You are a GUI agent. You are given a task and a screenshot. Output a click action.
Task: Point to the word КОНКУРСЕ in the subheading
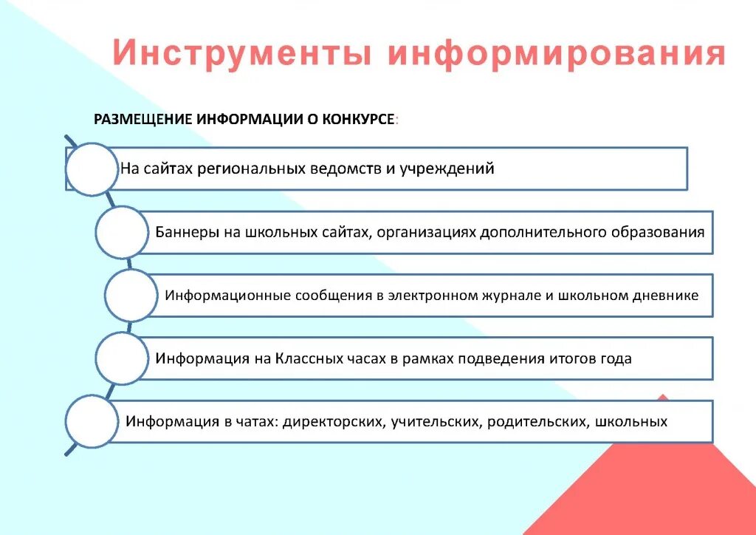(x=357, y=119)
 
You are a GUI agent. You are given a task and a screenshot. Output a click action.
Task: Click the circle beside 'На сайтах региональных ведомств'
(x=92, y=169)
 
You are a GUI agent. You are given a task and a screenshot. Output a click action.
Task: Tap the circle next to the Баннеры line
(x=122, y=232)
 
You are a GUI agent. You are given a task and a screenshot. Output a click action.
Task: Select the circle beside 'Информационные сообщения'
(x=131, y=296)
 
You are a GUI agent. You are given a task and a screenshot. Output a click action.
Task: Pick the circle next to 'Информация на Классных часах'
(x=122, y=358)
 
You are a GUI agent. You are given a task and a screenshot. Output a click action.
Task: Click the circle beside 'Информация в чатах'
(x=92, y=422)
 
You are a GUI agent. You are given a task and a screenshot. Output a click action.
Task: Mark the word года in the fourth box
(x=616, y=359)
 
